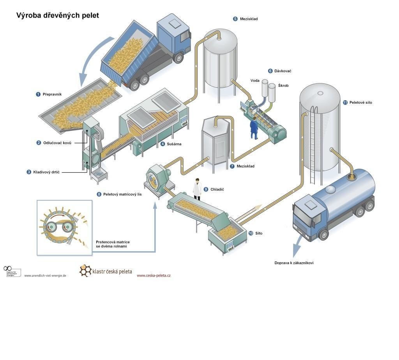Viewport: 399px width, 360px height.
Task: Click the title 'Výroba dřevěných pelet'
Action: (57, 16)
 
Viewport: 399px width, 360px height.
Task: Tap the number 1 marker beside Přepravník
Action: (38, 94)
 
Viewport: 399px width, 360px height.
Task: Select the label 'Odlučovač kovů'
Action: (57, 143)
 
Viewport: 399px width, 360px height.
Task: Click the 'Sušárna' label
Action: (174, 144)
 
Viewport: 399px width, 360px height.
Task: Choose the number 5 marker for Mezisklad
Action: (235, 19)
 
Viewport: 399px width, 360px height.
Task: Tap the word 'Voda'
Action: (255, 81)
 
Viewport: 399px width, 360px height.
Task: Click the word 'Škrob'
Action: (284, 85)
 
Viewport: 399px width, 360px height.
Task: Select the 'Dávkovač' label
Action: (282, 71)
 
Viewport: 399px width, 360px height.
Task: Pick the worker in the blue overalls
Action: (254, 127)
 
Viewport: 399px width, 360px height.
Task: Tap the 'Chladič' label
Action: (217, 189)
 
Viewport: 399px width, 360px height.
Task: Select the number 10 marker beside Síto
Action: (251, 233)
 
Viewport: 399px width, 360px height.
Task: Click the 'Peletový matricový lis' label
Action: (122, 194)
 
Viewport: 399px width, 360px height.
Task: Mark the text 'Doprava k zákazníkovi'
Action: (294, 263)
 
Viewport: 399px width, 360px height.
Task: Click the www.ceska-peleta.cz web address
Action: (154, 275)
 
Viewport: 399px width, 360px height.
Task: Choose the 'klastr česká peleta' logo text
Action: (112, 271)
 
